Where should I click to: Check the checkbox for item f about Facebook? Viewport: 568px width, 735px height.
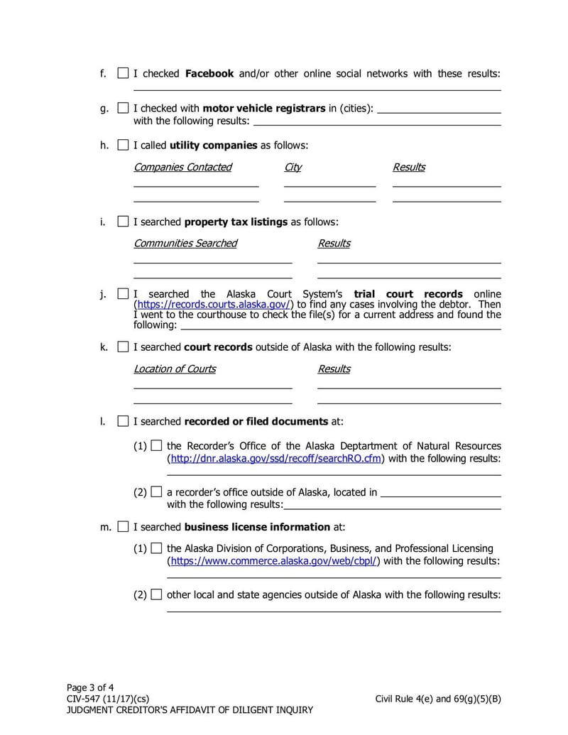[123, 73]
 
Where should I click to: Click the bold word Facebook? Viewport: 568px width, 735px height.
[209, 73]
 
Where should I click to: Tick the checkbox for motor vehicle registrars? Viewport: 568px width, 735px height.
[123, 109]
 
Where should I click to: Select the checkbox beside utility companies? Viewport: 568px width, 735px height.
[123, 145]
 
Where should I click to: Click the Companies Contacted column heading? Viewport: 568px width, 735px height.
[182, 167]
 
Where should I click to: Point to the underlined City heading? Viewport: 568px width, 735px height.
[293, 167]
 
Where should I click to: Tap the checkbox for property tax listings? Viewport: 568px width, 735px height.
[123, 222]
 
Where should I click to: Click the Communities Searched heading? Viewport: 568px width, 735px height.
[185, 243]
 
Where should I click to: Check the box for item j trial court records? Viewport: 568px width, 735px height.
[123, 293]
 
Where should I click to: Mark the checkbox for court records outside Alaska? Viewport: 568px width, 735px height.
[123, 347]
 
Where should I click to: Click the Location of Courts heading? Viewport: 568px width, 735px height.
[175, 369]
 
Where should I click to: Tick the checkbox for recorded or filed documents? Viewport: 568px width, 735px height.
[123, 421]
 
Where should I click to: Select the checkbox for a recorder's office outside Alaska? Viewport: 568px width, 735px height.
[156, 491]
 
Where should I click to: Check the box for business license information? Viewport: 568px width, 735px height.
[123, 527]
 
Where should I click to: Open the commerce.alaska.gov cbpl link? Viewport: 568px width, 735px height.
[273, 560]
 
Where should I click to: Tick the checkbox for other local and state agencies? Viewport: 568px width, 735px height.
[156, 594]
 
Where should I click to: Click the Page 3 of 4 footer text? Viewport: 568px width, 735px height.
[90, 687]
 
